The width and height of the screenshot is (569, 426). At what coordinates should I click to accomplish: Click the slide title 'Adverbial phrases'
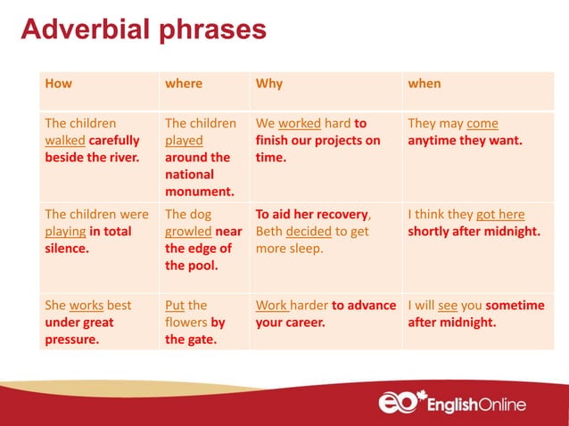143,29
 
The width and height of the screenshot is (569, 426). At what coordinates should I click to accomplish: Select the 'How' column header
58,84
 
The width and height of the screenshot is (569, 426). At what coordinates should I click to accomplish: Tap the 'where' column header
184,84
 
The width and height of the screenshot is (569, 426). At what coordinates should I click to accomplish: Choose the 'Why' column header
269,84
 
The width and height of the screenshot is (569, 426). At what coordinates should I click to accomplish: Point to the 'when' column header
424,84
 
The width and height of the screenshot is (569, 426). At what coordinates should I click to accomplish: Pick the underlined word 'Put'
175,306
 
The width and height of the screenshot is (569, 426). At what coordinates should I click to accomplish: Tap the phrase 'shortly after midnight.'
474,232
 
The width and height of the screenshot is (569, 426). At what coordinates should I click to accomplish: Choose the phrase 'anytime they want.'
465,141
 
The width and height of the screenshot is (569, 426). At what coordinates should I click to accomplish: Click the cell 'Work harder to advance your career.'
325,314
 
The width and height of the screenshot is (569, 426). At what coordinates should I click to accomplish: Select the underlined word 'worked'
299,124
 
